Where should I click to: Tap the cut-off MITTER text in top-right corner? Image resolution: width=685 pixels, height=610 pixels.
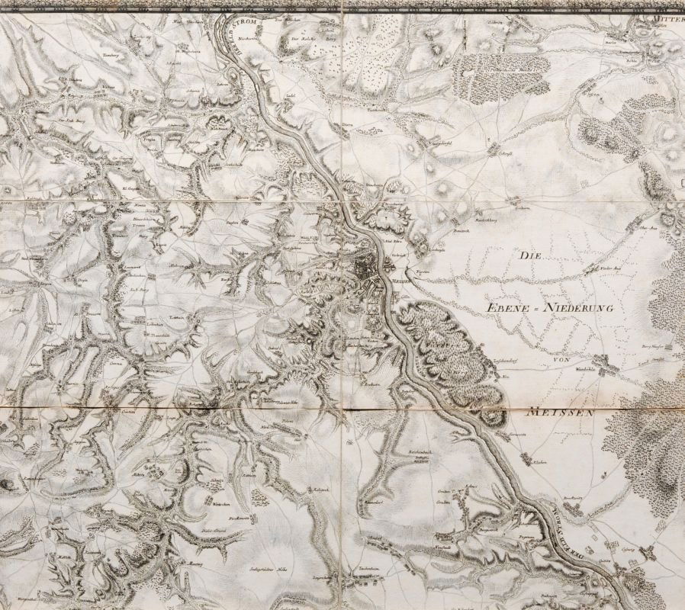tap(664, 13)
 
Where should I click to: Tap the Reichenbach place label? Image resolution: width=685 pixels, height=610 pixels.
tap(420, 452)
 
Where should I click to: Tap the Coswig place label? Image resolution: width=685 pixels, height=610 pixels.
tap(627, 548)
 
